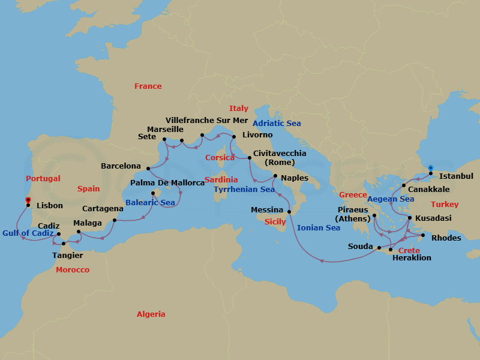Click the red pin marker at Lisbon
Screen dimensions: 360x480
(28, 201)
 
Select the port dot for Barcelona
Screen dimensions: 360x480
(148, 169)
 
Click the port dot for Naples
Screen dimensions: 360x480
(275, 176)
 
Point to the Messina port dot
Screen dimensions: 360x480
(289, 211)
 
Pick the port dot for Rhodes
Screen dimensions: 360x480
(423, 235)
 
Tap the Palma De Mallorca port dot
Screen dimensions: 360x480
(152, 193)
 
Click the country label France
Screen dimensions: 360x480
(148, 86)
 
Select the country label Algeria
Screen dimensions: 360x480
(151, 314)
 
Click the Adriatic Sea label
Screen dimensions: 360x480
(277, 124)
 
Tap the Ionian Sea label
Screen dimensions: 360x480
(318, 228)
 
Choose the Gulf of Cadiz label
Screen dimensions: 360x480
(28, 233)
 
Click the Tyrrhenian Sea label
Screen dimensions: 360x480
(244, 190)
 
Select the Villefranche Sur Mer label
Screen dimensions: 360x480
(206, 120)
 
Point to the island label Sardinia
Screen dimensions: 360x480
(221, 180)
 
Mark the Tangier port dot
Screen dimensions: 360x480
(63, 243)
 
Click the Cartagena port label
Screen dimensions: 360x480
(103, 209)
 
